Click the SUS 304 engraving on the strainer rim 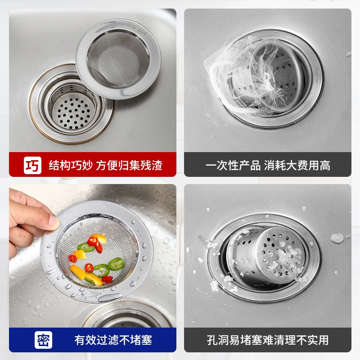click(x=137, y=29)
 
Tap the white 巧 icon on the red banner click(x=32, y=165)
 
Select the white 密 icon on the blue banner click(x=43, y=340)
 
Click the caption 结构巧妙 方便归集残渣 click(x=105, y=165)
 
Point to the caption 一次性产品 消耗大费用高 click(x=268, y=165)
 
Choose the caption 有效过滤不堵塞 click(x=113, y=340)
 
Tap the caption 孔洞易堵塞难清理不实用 click(x=268, y=340)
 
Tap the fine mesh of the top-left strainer click(x=118, y=59)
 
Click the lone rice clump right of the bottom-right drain click(x=337, y=238)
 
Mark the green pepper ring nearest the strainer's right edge click(x=116, y=264)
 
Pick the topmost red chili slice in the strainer click(x=92, y=241)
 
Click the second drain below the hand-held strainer click(x=128, y=316)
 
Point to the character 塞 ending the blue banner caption click(x=146, y=340)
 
